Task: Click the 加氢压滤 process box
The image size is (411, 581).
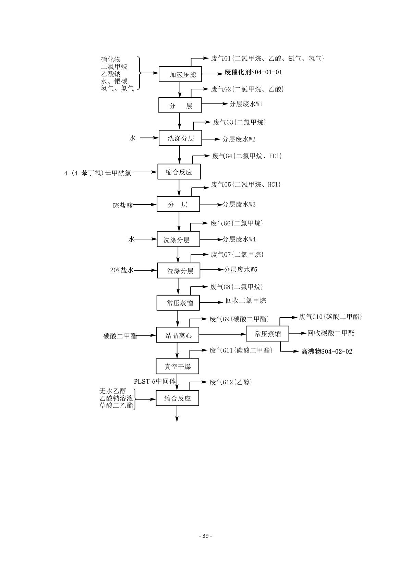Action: (180, 74)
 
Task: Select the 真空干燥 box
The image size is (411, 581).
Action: (177, 367)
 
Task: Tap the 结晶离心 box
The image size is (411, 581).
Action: (177, 335)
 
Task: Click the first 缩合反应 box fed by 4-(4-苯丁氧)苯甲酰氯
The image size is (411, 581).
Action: (179, 172)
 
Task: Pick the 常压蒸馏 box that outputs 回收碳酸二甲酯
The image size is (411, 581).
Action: (267, 334)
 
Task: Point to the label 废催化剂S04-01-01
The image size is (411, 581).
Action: (253, 72)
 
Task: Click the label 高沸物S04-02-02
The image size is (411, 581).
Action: (327, 351)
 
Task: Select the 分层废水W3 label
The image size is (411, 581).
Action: (239, 205)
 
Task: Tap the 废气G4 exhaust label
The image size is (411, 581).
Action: (247, 156)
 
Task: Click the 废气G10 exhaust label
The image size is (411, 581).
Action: (330, 317)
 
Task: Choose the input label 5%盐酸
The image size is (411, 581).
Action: (123, 206)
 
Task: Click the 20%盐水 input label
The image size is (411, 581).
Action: (121, 270)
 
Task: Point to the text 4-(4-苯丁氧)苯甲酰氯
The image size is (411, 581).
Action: (98, 173)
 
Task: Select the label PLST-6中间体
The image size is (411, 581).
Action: (155, 381)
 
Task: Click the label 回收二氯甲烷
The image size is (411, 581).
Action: (245, 301)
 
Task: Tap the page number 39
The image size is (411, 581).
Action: (205, 536)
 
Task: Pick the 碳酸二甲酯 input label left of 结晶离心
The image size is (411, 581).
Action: (120, 336)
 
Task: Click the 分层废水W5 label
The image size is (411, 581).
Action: (241, 270)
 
